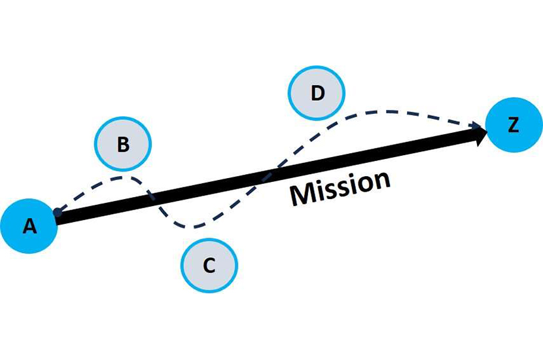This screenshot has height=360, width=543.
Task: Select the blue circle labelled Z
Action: tap(514, 125)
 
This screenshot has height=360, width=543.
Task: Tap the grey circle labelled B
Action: tap(123, 145)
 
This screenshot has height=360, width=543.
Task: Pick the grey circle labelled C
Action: tap(209, 265)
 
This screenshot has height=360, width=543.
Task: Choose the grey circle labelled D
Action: tap(317, 92)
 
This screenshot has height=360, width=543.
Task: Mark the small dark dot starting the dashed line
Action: tap(58, 212)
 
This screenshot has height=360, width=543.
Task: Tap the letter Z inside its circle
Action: tap(514, 125)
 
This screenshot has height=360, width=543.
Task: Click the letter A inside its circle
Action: tap(29, 226)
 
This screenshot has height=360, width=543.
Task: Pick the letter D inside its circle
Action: tap(317, 93)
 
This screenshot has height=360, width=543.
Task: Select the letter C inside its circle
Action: tap(209, 266)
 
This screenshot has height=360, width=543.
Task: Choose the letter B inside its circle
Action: tap(123, 145)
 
